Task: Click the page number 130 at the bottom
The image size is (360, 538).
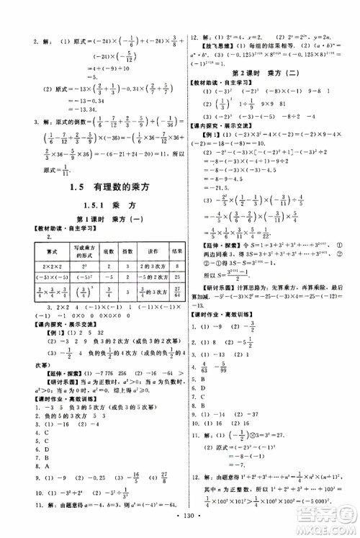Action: [180, 522]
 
